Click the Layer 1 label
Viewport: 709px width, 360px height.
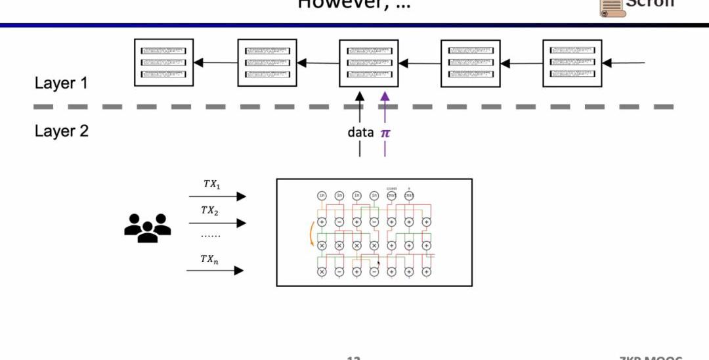pos(61,83)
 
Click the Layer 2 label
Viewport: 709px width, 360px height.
pos(61,131)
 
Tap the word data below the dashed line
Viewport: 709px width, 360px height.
pos(360,133)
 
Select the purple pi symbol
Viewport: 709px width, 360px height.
pos(385,133)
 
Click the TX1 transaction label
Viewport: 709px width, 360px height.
pos(211,185)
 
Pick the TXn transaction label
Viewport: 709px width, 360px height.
pos(210,259)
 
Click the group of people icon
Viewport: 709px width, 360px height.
pos(148,227)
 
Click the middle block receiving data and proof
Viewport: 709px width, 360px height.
pos(368,63)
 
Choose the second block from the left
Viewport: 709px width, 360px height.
pos(267,63)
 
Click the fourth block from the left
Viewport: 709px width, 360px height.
pos(471,63)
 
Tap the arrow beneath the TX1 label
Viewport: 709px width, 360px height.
pos(217,196)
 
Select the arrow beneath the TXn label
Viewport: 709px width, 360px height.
pos(215,270)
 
